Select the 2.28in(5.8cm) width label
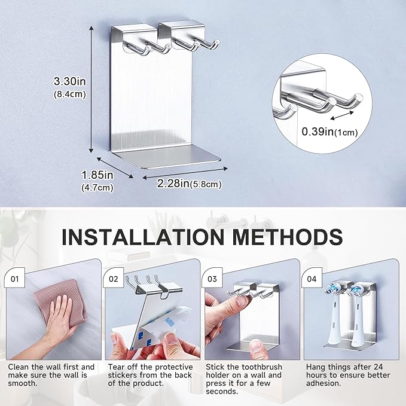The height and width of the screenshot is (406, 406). pyautogui.click(x=189, y=184)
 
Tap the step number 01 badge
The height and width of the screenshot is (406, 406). pyautogui.click(x=15, y=278)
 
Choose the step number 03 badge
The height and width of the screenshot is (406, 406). pyautogui.click(x=213, y=278)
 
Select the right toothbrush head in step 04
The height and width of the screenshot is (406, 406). pyautogui.click(x=357, y=320)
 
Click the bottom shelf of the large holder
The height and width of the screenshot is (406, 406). pyautogui.click(x=167, y=161)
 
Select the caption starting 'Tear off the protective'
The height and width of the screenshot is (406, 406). pyautogui.click(x=150, y=375)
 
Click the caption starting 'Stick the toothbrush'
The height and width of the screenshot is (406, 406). pyautogui.click(x=249, y=379)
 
